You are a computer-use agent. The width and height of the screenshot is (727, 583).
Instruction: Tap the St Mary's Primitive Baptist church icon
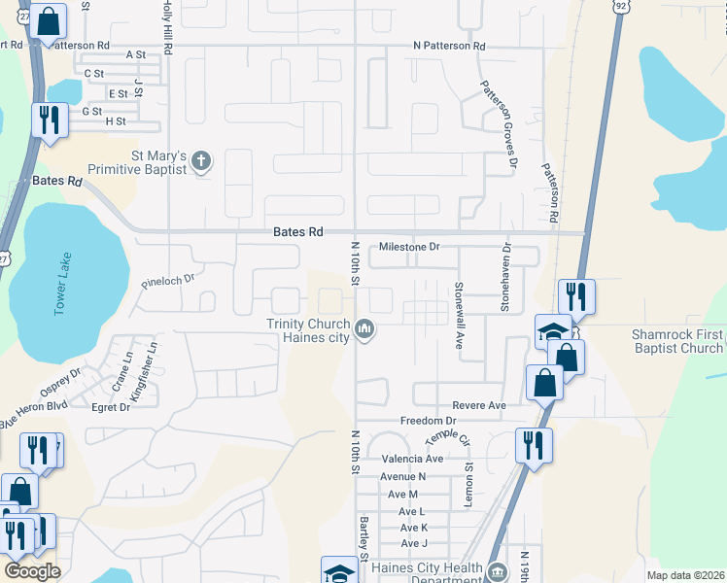click(201, 160)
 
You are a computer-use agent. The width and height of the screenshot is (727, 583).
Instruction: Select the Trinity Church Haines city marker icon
click(364, 330)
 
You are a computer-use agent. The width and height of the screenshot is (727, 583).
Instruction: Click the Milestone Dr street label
click(409, 247)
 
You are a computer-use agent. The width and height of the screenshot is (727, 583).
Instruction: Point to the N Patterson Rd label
click(448, 46)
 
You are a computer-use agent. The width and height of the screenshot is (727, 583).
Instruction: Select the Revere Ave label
click(479, 405)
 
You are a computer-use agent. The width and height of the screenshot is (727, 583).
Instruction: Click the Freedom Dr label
click(428, 421)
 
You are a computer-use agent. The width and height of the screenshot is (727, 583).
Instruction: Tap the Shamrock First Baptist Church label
click(675, 341)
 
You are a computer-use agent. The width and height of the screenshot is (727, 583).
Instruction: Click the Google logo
click(32, 571)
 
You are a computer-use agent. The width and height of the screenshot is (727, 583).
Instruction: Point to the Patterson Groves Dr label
click(495, 123)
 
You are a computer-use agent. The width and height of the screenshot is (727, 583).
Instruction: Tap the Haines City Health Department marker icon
click(498, 572)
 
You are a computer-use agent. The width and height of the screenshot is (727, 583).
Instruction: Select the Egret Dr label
click(110, 407)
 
